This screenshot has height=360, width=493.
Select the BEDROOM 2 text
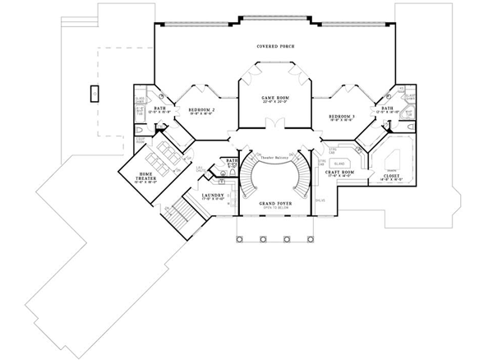(201, 110)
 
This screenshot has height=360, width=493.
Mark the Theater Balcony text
(274, 155)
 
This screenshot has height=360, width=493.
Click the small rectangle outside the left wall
(95, 92)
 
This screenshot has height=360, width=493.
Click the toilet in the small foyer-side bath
(233, 169)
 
